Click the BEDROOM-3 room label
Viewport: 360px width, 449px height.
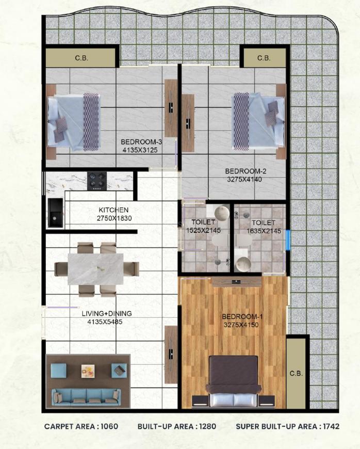tap(139, 142)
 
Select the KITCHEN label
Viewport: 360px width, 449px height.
tap(113, 210)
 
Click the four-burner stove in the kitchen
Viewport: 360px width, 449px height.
tap(96, 180)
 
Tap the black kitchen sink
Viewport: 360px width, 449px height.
tap(55, 212)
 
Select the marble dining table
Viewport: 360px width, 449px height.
tap(96, 269)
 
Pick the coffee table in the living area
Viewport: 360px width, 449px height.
tap(88, 370)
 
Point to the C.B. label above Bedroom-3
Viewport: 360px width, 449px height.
tap(81, 58)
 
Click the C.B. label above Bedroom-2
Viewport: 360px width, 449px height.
tap(264, 58)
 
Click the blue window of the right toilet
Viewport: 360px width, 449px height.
tap(288, 239)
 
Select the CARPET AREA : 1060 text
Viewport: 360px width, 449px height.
tap(81, 427)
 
